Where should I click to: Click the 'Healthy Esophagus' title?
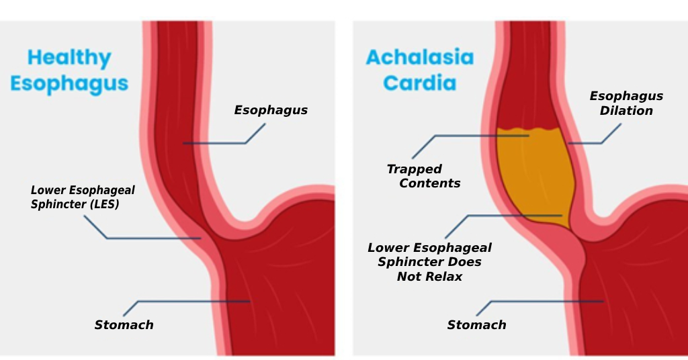69,71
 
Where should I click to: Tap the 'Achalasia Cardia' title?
419,70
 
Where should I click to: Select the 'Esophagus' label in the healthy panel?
271,110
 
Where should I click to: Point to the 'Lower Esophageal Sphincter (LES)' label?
83,197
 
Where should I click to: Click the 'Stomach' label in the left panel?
124,325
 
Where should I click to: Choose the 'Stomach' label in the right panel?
476,325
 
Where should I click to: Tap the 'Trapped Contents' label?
423,176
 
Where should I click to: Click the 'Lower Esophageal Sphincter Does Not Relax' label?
429,262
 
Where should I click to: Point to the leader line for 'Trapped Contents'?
470,136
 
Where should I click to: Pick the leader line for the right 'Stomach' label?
544,301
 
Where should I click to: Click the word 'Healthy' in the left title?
69,58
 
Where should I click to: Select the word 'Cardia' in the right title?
419,83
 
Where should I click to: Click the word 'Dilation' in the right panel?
626,111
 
